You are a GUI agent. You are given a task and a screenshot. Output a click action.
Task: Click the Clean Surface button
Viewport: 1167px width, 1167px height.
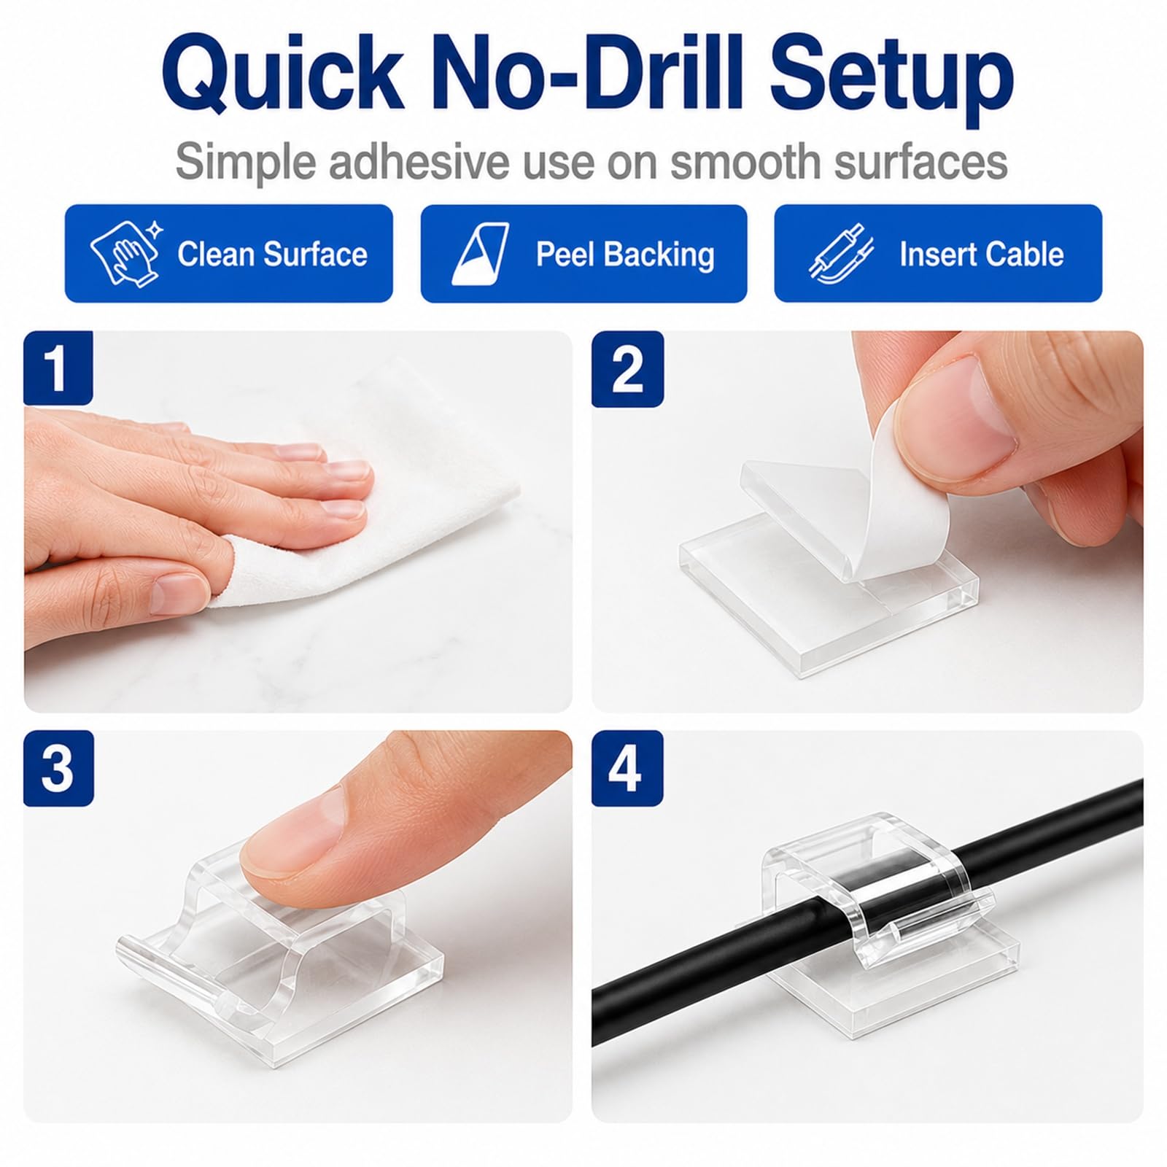click(x=229, y=253)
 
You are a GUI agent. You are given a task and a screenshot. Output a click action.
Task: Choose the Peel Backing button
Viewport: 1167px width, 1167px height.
click(x=583, y=253)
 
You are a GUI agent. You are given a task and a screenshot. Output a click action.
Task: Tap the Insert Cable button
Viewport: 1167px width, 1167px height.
click(x=938, y=253)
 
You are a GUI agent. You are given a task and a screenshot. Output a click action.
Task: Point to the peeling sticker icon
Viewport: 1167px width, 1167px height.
click(x=480, y=254)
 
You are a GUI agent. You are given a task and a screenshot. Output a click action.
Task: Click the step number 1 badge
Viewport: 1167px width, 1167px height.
click(x=58, y=368)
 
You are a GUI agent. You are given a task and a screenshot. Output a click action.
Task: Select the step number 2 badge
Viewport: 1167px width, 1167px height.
click(x=627, y=368)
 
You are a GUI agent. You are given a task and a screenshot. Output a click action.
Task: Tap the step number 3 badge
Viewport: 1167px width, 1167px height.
click(x=58, y=767)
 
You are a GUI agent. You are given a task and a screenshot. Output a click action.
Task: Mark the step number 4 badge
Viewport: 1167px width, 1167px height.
click(x=627, y=767)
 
